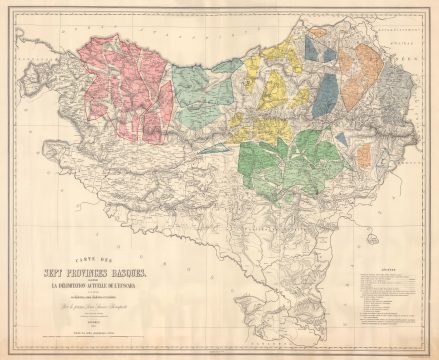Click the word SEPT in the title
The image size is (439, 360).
pyautogui.click(x=60, y=273)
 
